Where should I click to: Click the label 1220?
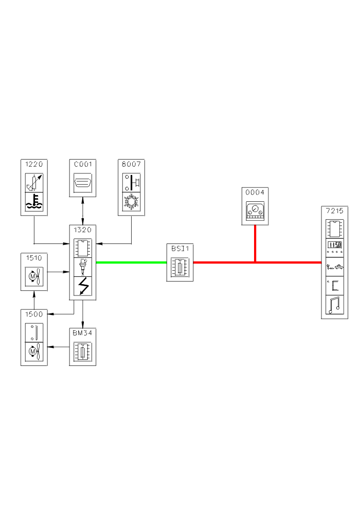tap(34, 165)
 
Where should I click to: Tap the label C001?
tap(82, 165)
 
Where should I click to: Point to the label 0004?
tap(255, 193)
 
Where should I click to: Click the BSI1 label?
tap(180, 248)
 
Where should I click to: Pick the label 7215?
tap(334, 211)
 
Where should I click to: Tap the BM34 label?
tap(82, 332)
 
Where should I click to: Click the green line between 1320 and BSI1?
tap(132, 262)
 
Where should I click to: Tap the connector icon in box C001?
tap(82, 183)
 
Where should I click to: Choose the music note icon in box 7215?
tap(334, 305)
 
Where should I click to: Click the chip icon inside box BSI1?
tap(180, 268)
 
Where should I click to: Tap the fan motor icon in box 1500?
tap(34, 353)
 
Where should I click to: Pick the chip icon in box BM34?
tap(82, 353)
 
